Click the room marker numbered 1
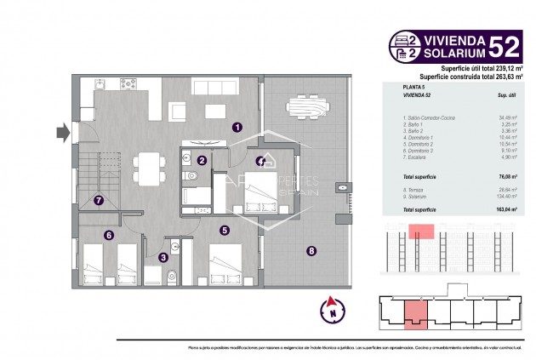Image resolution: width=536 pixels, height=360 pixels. (x=237, y=127)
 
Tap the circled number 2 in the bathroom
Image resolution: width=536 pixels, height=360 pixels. (x=202, y=159)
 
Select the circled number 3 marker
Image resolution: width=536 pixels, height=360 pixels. (x=163, y=258)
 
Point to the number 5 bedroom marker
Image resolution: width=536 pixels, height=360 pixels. (x=224, y=229)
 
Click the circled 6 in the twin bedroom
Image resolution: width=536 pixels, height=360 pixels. (x=109, y=236)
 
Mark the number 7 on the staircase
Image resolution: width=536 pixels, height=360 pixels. (x=100, y=201)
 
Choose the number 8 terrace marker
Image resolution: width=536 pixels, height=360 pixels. (x=311, y=250)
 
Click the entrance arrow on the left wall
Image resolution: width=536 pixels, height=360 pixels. (x=62, y=132)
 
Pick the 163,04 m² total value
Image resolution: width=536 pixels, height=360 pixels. (x=506, y=209)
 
